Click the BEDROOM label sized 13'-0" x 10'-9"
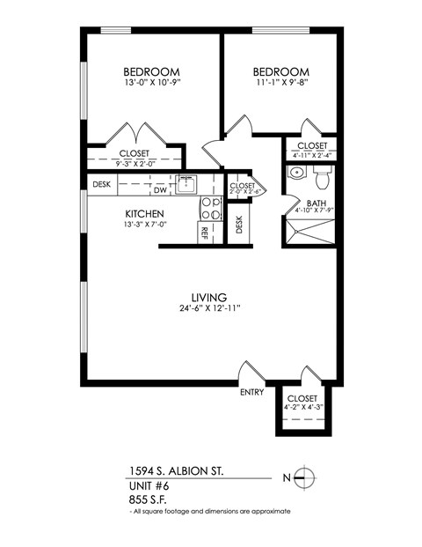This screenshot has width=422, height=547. click(151, 72)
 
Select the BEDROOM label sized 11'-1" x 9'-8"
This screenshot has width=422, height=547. click(281, 72)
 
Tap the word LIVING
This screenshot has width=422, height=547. click(210, 297)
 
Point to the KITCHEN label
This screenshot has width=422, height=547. click(144, 214)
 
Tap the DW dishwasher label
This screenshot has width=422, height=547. click(160, 189)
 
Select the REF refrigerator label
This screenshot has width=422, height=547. click(204, 233)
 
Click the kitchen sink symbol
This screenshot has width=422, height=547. click(186, 184)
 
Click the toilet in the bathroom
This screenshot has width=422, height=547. click(321, 177)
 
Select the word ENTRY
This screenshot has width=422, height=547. click(251, 393)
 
